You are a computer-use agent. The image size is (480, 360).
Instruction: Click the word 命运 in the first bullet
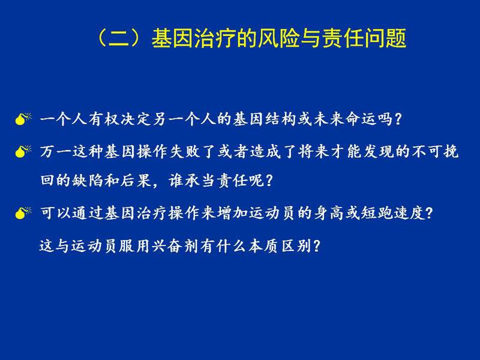point(361,119)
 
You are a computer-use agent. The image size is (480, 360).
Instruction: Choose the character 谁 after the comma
point(176,181)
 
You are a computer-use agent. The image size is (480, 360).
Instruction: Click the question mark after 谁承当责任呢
point(269,181)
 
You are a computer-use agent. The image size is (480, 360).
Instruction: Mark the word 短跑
point(377,213)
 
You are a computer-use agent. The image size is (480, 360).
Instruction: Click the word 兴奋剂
point(175,245)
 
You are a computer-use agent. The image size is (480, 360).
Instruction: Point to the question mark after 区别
point(317,245)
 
